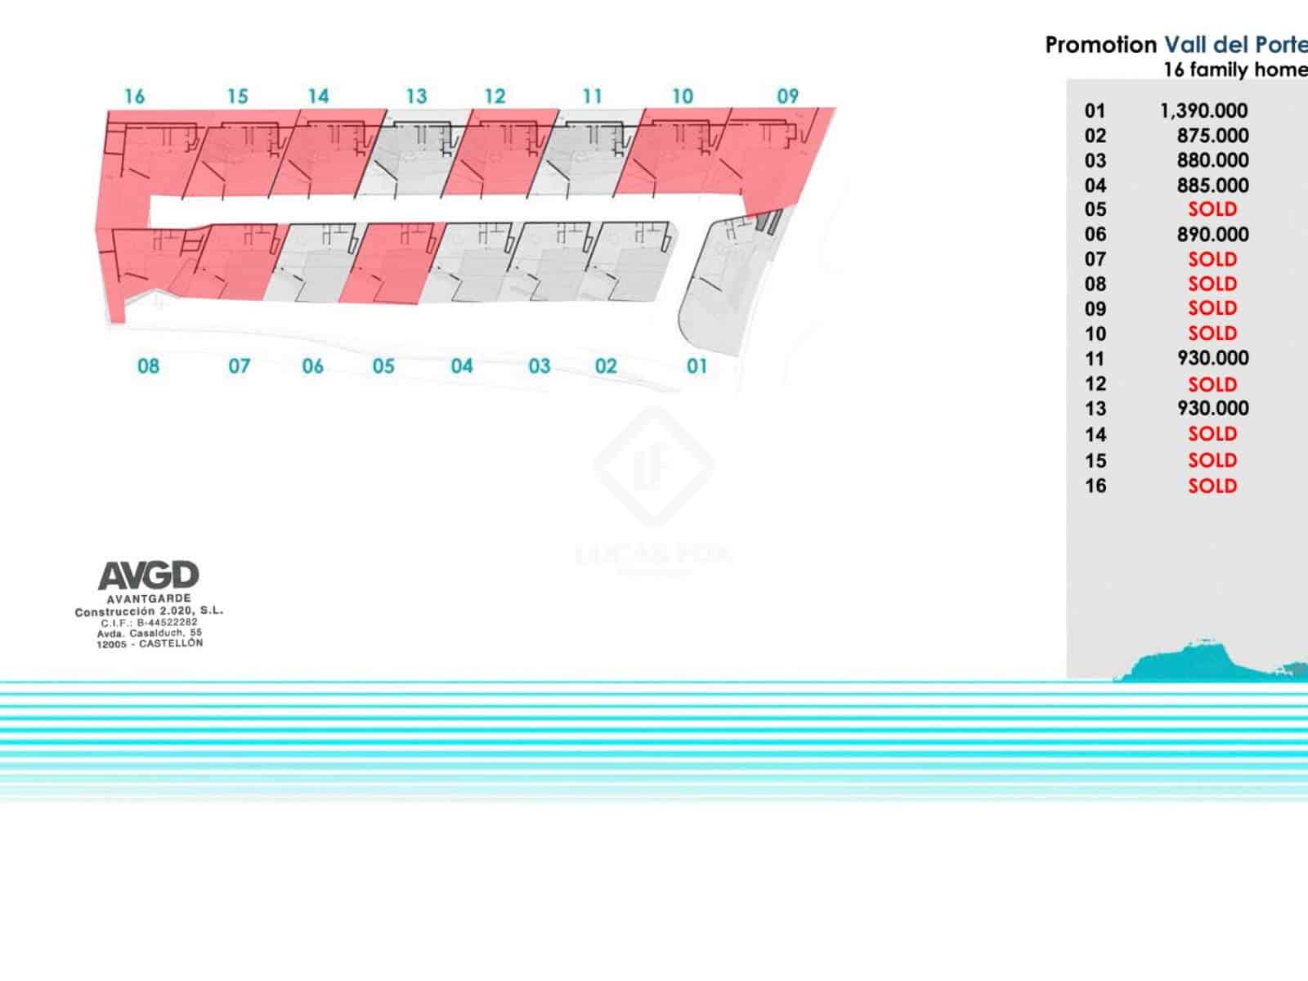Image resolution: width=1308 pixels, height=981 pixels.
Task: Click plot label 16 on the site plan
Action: (134, 96)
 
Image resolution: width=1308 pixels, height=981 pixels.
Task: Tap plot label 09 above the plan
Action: (787, 96)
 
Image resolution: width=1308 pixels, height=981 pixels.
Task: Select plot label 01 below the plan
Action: (697, 366)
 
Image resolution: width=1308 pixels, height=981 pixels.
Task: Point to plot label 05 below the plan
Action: (383, 366)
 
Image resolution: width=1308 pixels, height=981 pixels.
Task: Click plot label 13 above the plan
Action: (416, 96)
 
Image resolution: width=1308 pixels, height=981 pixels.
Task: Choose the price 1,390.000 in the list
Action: (1203, 110)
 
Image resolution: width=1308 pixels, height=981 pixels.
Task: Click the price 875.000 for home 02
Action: (1212, 136)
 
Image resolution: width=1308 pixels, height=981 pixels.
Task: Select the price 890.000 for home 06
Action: (1212, 235)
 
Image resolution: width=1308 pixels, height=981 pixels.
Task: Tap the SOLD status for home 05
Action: (1212, 209)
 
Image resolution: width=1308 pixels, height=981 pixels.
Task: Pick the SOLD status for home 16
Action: (1212, 486)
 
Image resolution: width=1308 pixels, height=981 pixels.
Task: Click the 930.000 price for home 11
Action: (1212, 358)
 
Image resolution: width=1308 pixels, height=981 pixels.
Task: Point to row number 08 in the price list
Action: (1095, 284)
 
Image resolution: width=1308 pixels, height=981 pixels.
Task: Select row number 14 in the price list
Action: (1095, 434)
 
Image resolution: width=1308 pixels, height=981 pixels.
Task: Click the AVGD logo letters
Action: (149, 576)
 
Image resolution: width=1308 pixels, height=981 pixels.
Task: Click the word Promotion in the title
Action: (1100, 45)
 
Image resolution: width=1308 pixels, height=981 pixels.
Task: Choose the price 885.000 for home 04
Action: (1212, 186)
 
